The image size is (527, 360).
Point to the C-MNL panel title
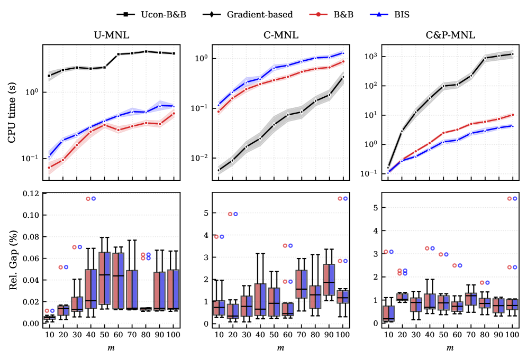[x=280, y=36]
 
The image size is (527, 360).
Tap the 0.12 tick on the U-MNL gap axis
[x=31, y=193]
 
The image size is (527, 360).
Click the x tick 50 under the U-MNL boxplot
[x=104, y=335]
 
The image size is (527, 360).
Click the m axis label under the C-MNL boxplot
[x=280, y=348]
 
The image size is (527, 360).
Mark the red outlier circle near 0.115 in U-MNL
[x=88, y=199]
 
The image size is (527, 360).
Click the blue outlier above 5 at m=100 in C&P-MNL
[x=515, y=199]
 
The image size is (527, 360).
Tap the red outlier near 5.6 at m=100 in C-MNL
[x=340, y=199]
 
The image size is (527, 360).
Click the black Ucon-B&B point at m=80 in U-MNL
[x=146, y=51]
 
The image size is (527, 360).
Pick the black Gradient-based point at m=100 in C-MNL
[x=343, y=77]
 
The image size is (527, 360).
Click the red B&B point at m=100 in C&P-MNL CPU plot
[x=512, y=115]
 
